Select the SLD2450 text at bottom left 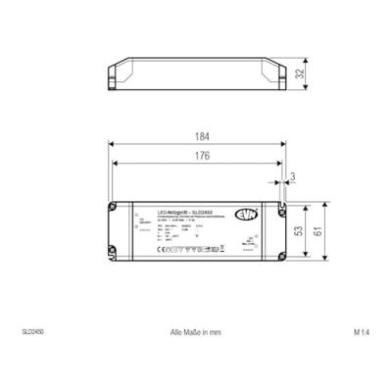(32, 332)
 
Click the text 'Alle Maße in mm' (196, 332)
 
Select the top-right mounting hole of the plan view (279, 208)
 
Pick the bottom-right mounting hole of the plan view (279, 260)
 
